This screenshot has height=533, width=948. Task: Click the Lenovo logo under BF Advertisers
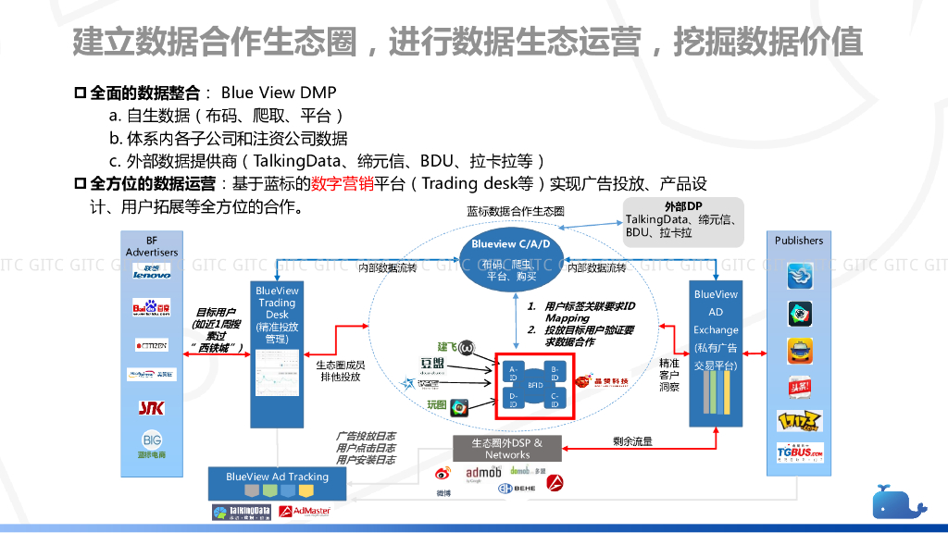[152, 273]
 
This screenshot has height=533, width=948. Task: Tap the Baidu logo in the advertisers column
[152, 308]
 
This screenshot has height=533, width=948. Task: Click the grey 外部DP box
[683, 222]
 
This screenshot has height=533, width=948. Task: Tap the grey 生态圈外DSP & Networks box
[507, 449]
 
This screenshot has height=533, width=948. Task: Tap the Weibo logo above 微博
[443, 475]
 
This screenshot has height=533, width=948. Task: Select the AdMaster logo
[305, 512]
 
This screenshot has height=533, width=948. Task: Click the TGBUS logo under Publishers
[799, 453]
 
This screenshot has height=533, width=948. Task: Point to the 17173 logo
[799, 421]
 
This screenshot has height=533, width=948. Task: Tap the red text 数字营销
[342, 183]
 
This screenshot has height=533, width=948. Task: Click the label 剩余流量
[632, 441]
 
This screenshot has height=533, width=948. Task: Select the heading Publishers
[799, 241]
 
